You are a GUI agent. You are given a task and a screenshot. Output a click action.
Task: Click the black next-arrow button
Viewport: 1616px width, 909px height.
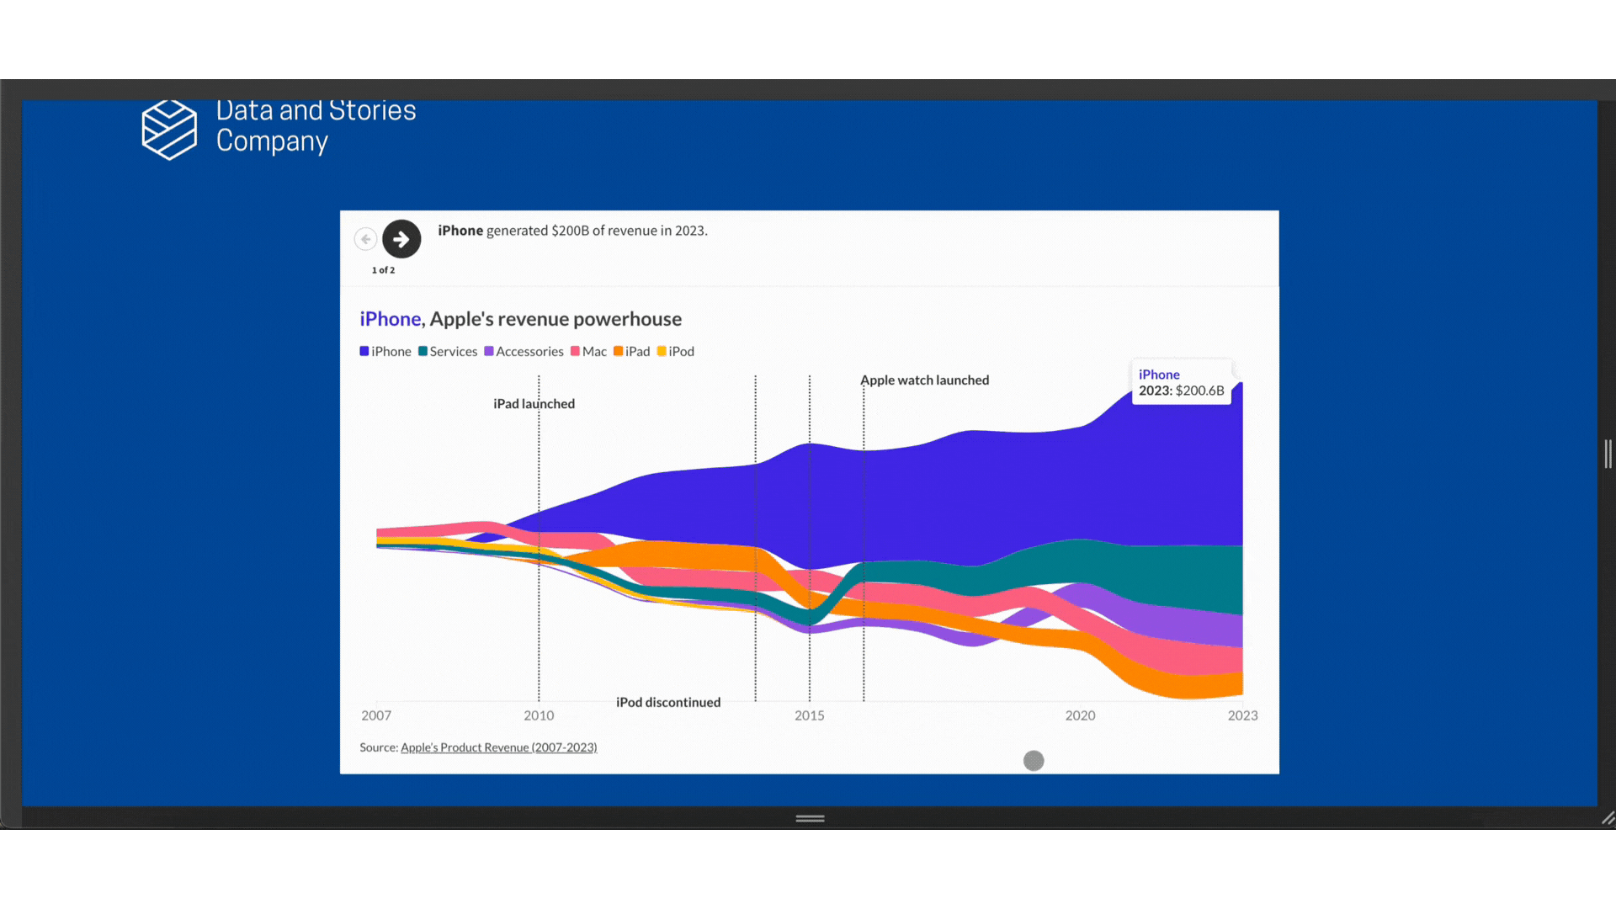click(401, 239)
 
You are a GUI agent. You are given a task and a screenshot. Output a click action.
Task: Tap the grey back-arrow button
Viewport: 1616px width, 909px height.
click(365, 239)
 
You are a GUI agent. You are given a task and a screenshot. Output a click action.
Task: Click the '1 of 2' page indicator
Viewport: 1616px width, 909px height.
click(383, 270)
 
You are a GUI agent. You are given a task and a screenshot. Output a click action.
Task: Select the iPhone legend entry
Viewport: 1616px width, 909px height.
click(385, 352)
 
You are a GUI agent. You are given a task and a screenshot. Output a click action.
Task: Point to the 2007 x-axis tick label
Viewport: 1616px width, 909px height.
click(376, 715)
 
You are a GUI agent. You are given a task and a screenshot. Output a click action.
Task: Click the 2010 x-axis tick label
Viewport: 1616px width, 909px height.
click(539, 715)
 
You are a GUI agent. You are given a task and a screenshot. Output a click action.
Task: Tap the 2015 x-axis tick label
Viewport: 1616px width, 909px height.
click(810, 715)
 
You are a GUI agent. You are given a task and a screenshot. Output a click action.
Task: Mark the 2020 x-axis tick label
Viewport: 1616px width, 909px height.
click(1080, 715)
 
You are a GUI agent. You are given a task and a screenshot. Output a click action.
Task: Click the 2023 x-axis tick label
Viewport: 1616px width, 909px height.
click(1242, 715)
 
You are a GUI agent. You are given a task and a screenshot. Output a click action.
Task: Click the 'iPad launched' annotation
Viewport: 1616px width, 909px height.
click(534, 404)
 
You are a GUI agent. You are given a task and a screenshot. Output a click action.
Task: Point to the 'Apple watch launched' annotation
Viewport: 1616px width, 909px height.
click(924, 380)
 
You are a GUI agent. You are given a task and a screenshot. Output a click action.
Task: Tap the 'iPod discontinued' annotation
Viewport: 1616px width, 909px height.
click(668, 703)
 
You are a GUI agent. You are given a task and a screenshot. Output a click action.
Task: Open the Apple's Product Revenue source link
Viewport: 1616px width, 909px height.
click(498, 747)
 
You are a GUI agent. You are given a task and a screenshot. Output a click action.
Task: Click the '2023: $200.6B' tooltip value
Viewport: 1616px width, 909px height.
click(1181, 391)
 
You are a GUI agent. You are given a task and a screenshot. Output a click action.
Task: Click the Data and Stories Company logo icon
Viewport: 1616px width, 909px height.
click(169, 129)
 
